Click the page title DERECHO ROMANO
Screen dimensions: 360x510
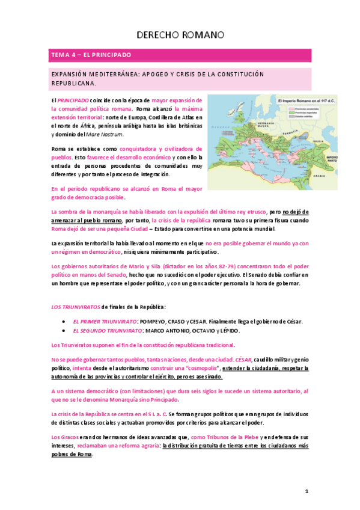click(x=180, y=35)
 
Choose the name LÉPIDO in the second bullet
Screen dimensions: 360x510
click(x=228, y=331)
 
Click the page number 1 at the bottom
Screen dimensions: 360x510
click(x=307, y=491)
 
